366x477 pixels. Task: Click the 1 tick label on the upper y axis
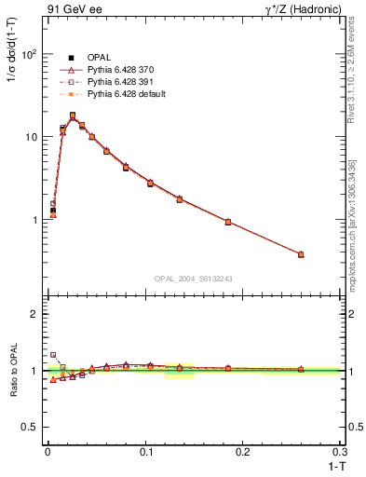33,220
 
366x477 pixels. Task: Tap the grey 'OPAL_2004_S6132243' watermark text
194,279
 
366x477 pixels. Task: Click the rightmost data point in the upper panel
301,254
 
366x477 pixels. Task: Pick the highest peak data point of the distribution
73,116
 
